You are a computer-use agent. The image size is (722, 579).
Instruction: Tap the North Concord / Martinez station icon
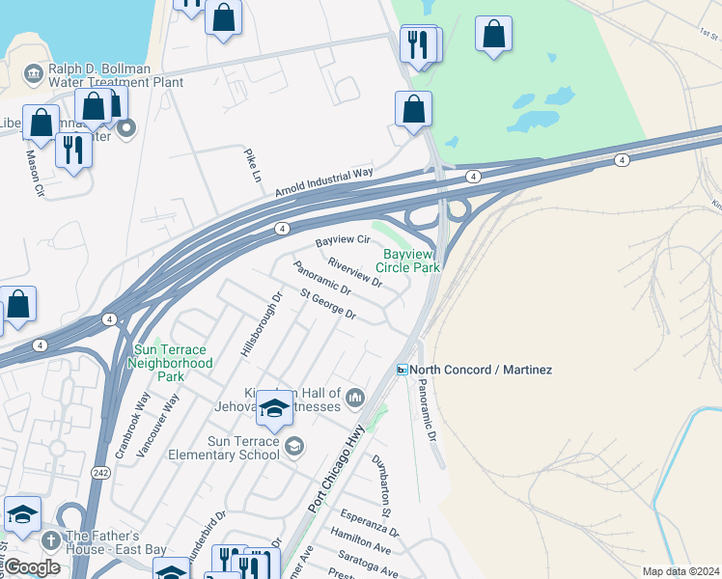tap(402, 371)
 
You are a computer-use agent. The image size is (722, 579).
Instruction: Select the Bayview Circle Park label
tap(411, 260)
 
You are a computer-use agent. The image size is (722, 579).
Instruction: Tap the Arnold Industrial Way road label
tap(324, 181)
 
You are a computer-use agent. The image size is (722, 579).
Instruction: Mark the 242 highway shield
tap(101, 473)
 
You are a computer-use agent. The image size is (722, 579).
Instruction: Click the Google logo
tap(32, 567)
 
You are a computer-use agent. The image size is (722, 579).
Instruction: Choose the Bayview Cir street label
tap(344, 238)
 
